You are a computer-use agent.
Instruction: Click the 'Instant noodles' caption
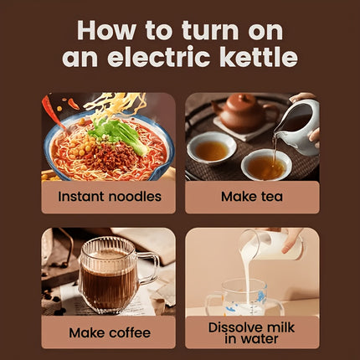coord(108,197)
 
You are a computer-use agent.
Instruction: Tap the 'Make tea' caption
coord(251,197)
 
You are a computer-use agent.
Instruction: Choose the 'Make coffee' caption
coord(108,332)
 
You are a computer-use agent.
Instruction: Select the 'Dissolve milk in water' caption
coord(251,332)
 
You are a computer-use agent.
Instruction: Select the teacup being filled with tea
coord(266,163)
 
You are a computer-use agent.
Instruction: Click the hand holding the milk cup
coord(291,239)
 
